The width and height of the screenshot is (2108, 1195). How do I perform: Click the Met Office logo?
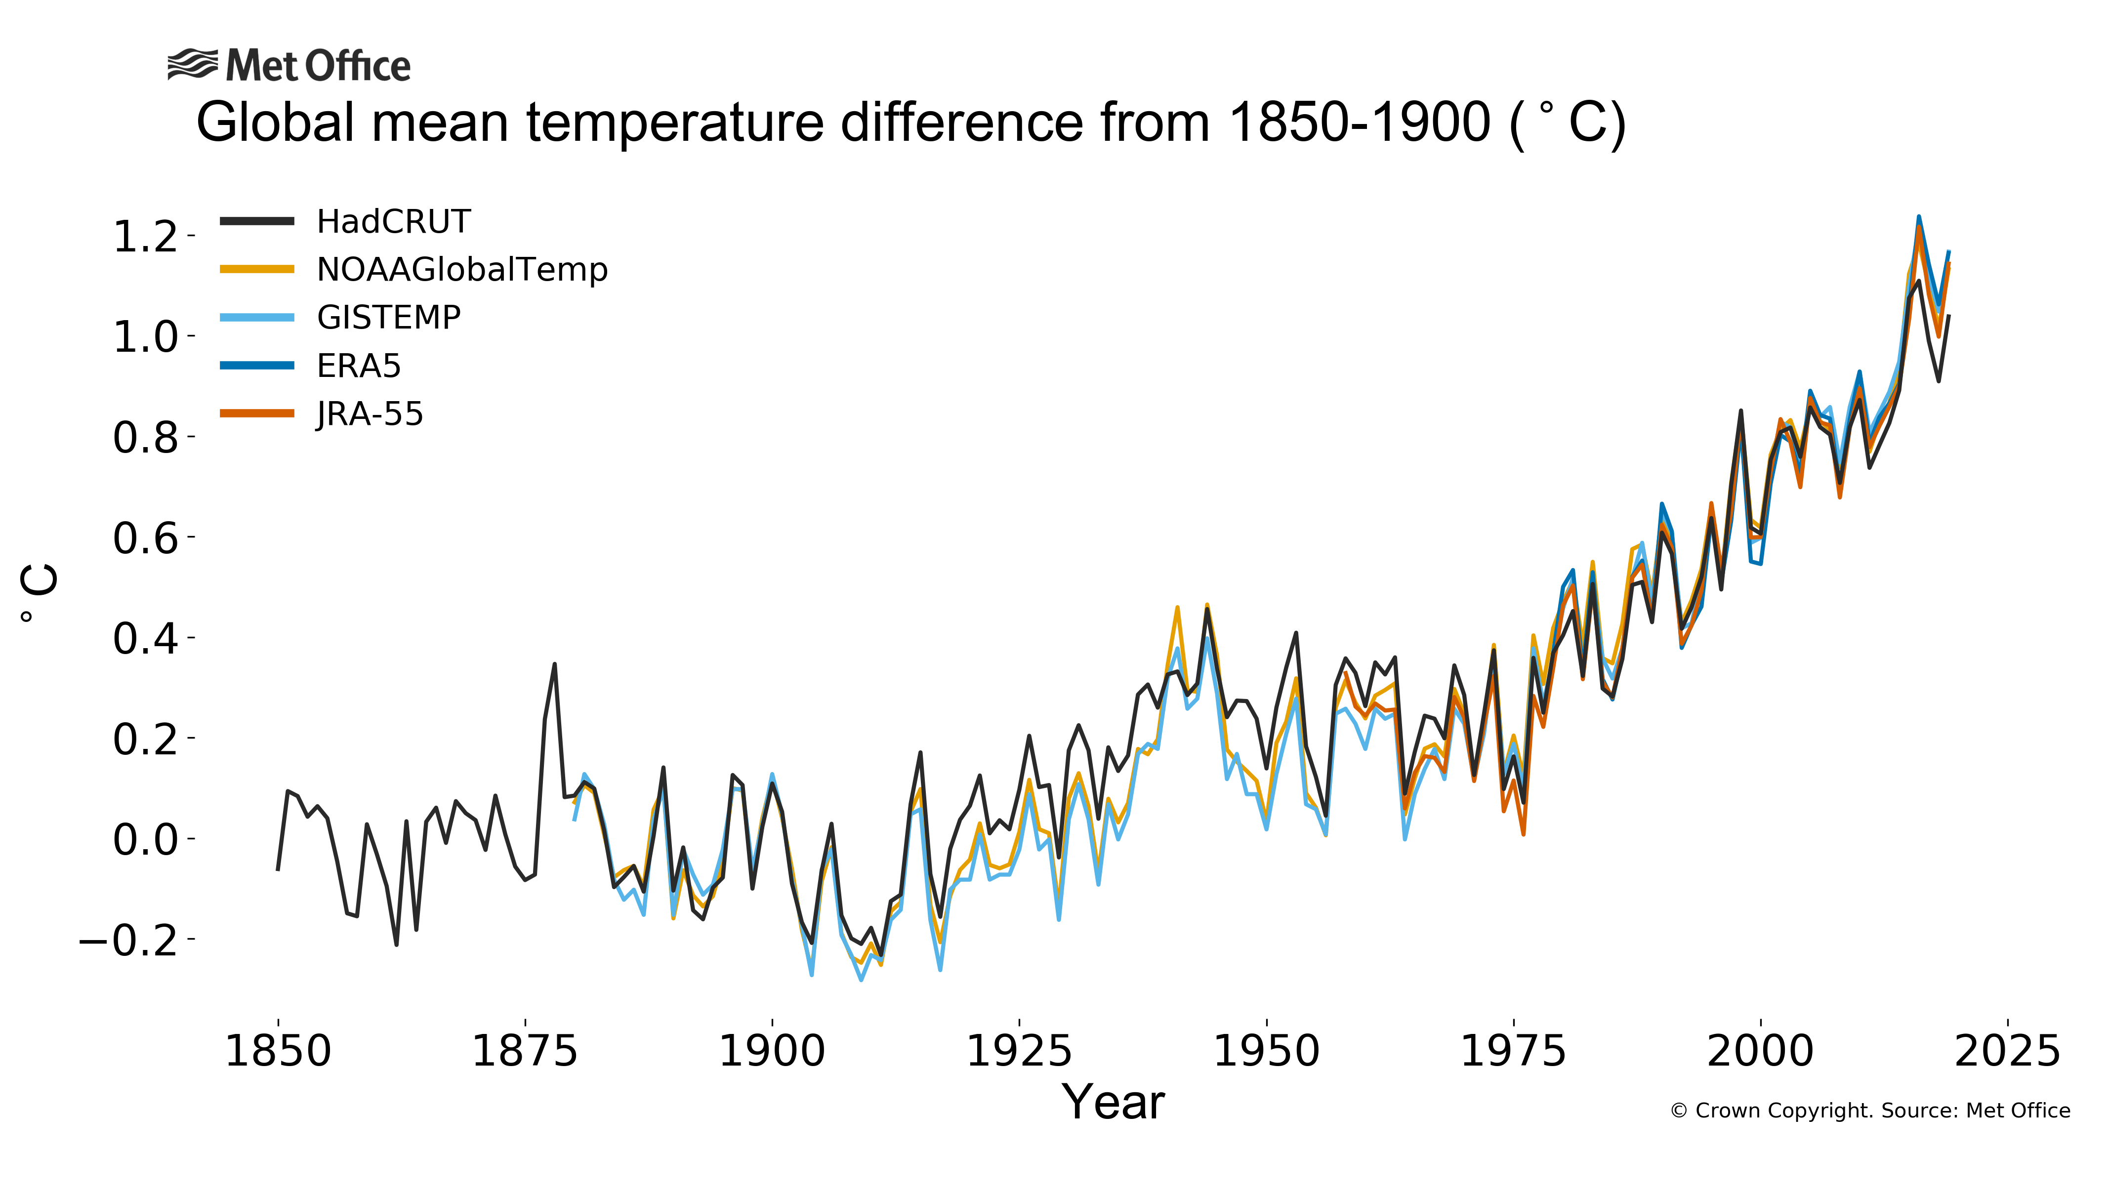point(289,66)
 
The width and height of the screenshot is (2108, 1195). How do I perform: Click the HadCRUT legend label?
point(393,222)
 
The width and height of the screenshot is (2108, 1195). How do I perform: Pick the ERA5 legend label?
point(359,366)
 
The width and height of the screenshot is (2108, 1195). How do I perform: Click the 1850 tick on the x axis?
point(278,1051)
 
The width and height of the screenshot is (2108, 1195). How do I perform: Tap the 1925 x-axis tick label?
point(1019,1051)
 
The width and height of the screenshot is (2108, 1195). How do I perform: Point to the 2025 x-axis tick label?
point(2007,1051)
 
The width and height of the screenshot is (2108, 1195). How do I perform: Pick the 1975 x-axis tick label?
point(1513,1051)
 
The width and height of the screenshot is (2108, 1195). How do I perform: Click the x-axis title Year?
point(1113,1102)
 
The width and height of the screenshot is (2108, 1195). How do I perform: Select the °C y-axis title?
point(38,593)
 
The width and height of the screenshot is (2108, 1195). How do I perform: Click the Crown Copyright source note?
point(1870,1111)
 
